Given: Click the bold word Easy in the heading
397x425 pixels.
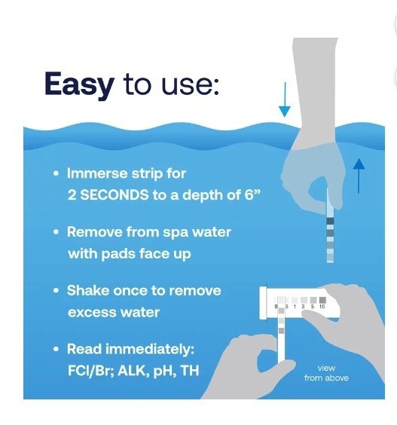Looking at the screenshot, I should click(x=79, y=84).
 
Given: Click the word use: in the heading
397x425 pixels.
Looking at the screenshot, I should click(x=190, y=85).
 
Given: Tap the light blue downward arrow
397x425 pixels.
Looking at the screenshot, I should click(x=284, y=100).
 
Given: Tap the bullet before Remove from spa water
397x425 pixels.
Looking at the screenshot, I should click(x=56, y=233).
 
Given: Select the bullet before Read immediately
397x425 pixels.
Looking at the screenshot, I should click(x=56, y=350).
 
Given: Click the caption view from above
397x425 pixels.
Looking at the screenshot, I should click(x=325, y=373).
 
